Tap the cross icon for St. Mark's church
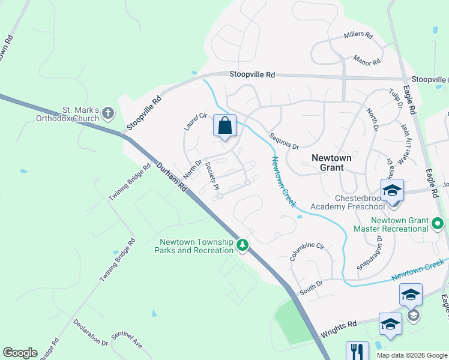pos(107,113)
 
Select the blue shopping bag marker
pos(224,127)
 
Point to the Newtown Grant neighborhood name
pos(331,163)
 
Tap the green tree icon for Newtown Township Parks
pos(243,245)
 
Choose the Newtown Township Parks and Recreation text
pos(196,246)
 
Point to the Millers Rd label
pos(358,35)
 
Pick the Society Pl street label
pos(210,172)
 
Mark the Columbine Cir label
pos(306,252)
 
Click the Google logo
pos(20,353)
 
